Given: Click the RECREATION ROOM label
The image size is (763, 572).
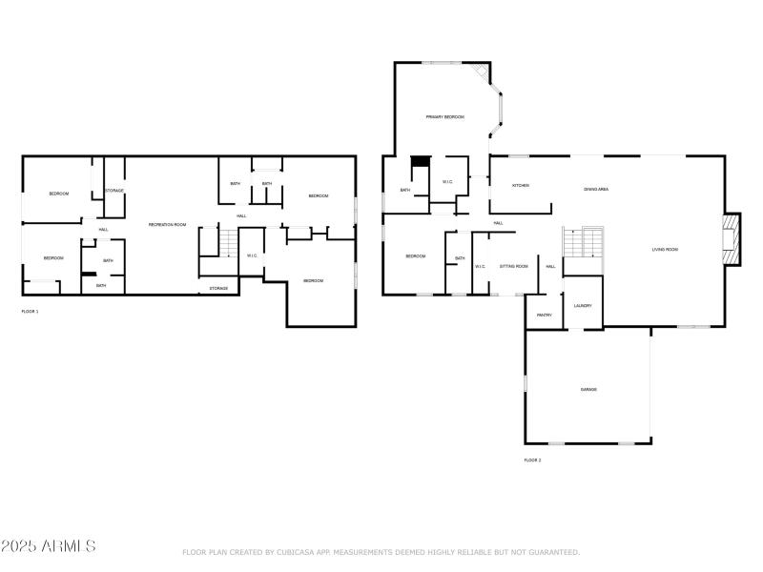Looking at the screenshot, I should [167, 224].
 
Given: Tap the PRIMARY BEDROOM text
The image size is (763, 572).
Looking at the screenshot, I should [444, 116].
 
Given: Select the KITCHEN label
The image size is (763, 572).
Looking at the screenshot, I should [521, 185].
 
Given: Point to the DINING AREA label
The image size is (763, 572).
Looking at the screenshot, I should [596, 189].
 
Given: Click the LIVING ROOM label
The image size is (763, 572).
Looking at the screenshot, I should [665, 250].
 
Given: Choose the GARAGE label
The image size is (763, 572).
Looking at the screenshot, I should [588, 389].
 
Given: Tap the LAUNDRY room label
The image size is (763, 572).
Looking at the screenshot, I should [583, 305].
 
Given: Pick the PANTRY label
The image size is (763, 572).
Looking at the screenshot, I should [545, 315].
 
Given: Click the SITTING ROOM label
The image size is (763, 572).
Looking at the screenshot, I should [514, 266].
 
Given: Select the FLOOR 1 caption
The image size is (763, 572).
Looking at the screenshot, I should [31, 312].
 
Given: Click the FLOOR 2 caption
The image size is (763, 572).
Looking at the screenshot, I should [532, 460].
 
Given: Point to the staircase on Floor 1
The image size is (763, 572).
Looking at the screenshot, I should [227, 244].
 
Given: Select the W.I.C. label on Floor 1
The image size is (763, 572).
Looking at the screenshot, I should [252, 255].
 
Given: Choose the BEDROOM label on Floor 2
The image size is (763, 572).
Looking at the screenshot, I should [415, 255].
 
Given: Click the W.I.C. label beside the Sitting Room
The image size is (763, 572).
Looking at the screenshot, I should [481, 266].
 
